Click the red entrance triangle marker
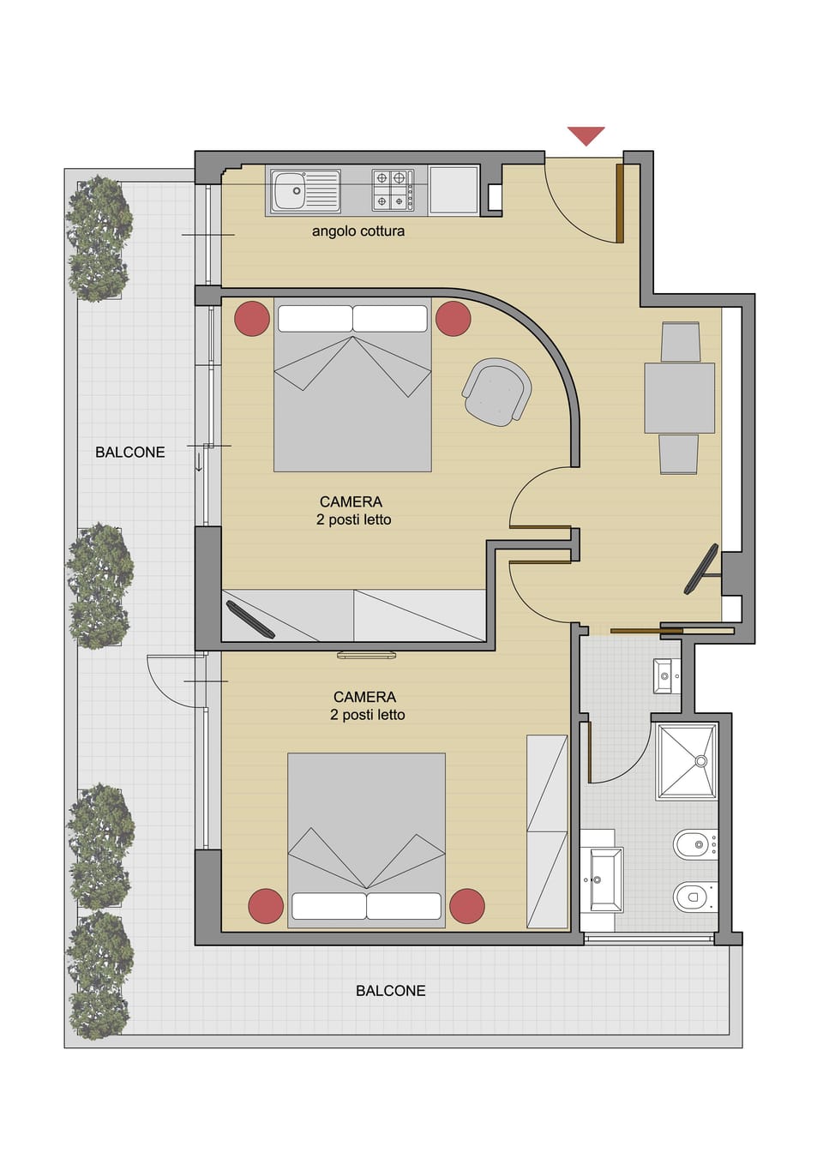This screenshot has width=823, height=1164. [586, 135]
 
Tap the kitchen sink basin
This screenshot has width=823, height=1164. [289, 190]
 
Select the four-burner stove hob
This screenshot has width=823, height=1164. [391, 189]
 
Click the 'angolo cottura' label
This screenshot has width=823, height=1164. [357, 231]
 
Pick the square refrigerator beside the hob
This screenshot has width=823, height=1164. [454, 189]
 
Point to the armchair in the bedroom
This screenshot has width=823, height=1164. [496, 391]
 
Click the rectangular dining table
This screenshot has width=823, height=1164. [679, 398]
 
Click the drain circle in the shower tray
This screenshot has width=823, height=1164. [701, 760]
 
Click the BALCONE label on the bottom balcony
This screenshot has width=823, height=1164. [390, 991]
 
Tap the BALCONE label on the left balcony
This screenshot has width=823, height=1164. [129, 453]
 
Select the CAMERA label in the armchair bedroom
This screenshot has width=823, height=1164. [351, 502]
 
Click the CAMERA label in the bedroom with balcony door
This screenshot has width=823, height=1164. [364, 698]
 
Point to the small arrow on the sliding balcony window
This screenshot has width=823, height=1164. [199, 464]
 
